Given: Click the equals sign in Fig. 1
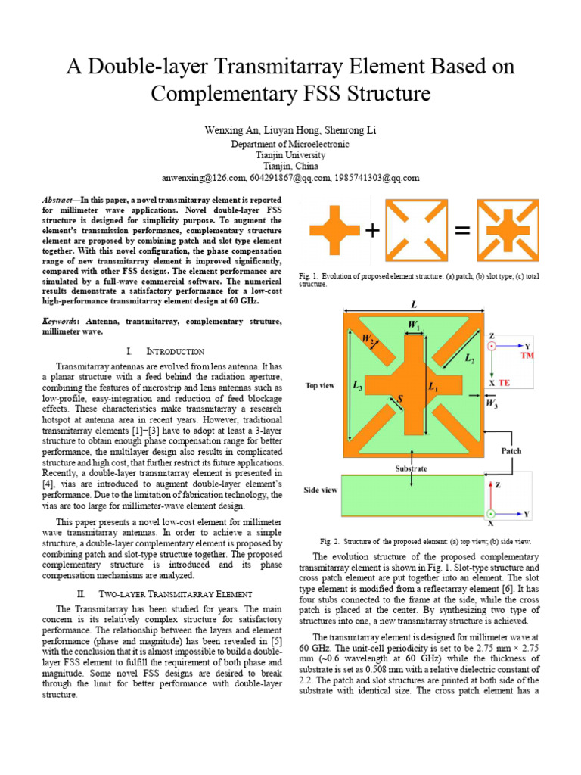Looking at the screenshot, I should pos(461,232).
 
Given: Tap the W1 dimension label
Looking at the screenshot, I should pos(415,326).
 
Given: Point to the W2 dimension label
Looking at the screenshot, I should pos(368,341).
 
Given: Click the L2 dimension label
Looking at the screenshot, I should pos(470,359).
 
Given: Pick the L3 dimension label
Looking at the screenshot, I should pos(356,385).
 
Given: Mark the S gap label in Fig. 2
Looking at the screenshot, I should pos(399,397).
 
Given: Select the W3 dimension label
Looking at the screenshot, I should pos(491,403).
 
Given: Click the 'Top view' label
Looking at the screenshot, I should pos(320,384).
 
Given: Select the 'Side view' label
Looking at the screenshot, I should pos(320,490).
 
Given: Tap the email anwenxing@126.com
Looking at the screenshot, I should pos(207,178).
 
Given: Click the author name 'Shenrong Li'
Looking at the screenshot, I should pos(350,131).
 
